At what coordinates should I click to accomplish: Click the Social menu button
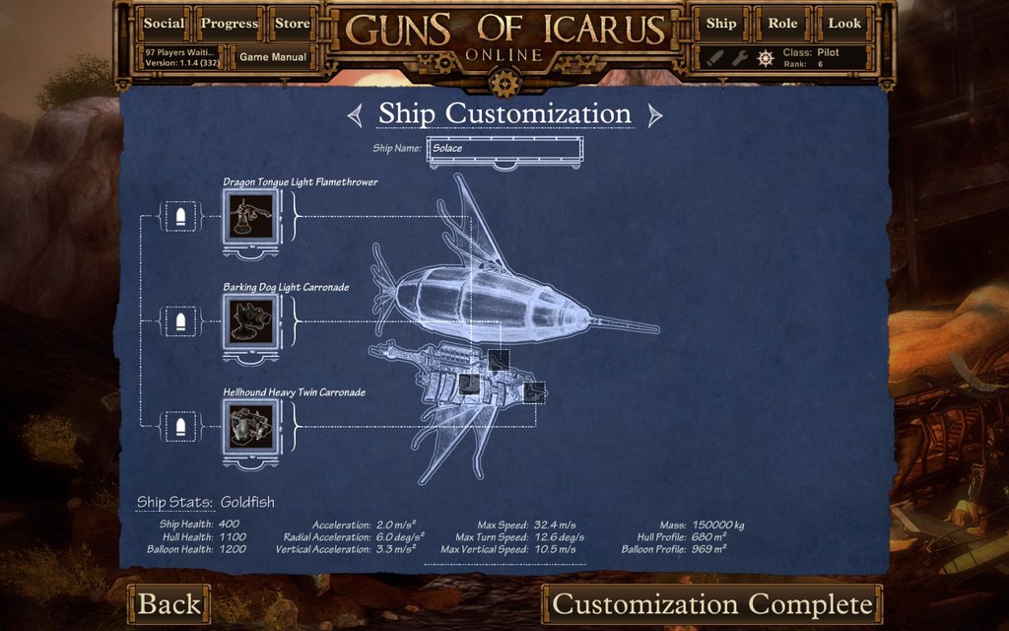(x=164, y=24)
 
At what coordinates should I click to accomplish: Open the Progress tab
(x=229, y=24)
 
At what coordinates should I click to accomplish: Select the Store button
(x=292, y=24)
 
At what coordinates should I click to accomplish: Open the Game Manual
(x=273, y=57)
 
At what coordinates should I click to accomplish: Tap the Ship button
(x=721, y=24)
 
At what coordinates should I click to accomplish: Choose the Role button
(x=782, y=24)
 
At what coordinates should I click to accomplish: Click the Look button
(x=844, y=24)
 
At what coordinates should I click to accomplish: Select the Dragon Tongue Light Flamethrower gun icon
(x=251, y=216)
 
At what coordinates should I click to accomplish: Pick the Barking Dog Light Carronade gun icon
(x=251, y=320)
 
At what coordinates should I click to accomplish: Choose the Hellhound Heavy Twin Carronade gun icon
(x=251, y=426)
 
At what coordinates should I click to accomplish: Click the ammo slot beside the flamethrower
(x=179, y=216)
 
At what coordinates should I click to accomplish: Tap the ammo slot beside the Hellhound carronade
(x=179, y=426)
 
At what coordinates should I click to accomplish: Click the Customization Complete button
(x=712, y=603)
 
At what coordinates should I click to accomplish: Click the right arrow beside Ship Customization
(x=654, y=115)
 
